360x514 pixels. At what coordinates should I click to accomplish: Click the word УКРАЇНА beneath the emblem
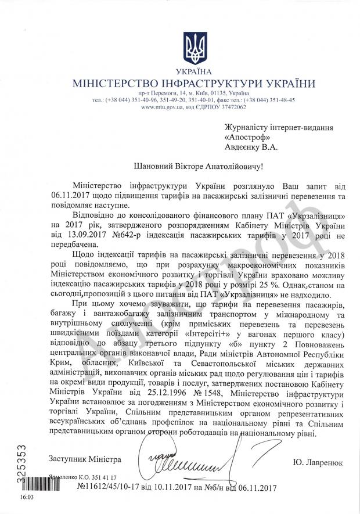point(194,71)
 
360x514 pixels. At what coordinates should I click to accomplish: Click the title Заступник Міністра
point(85,460)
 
